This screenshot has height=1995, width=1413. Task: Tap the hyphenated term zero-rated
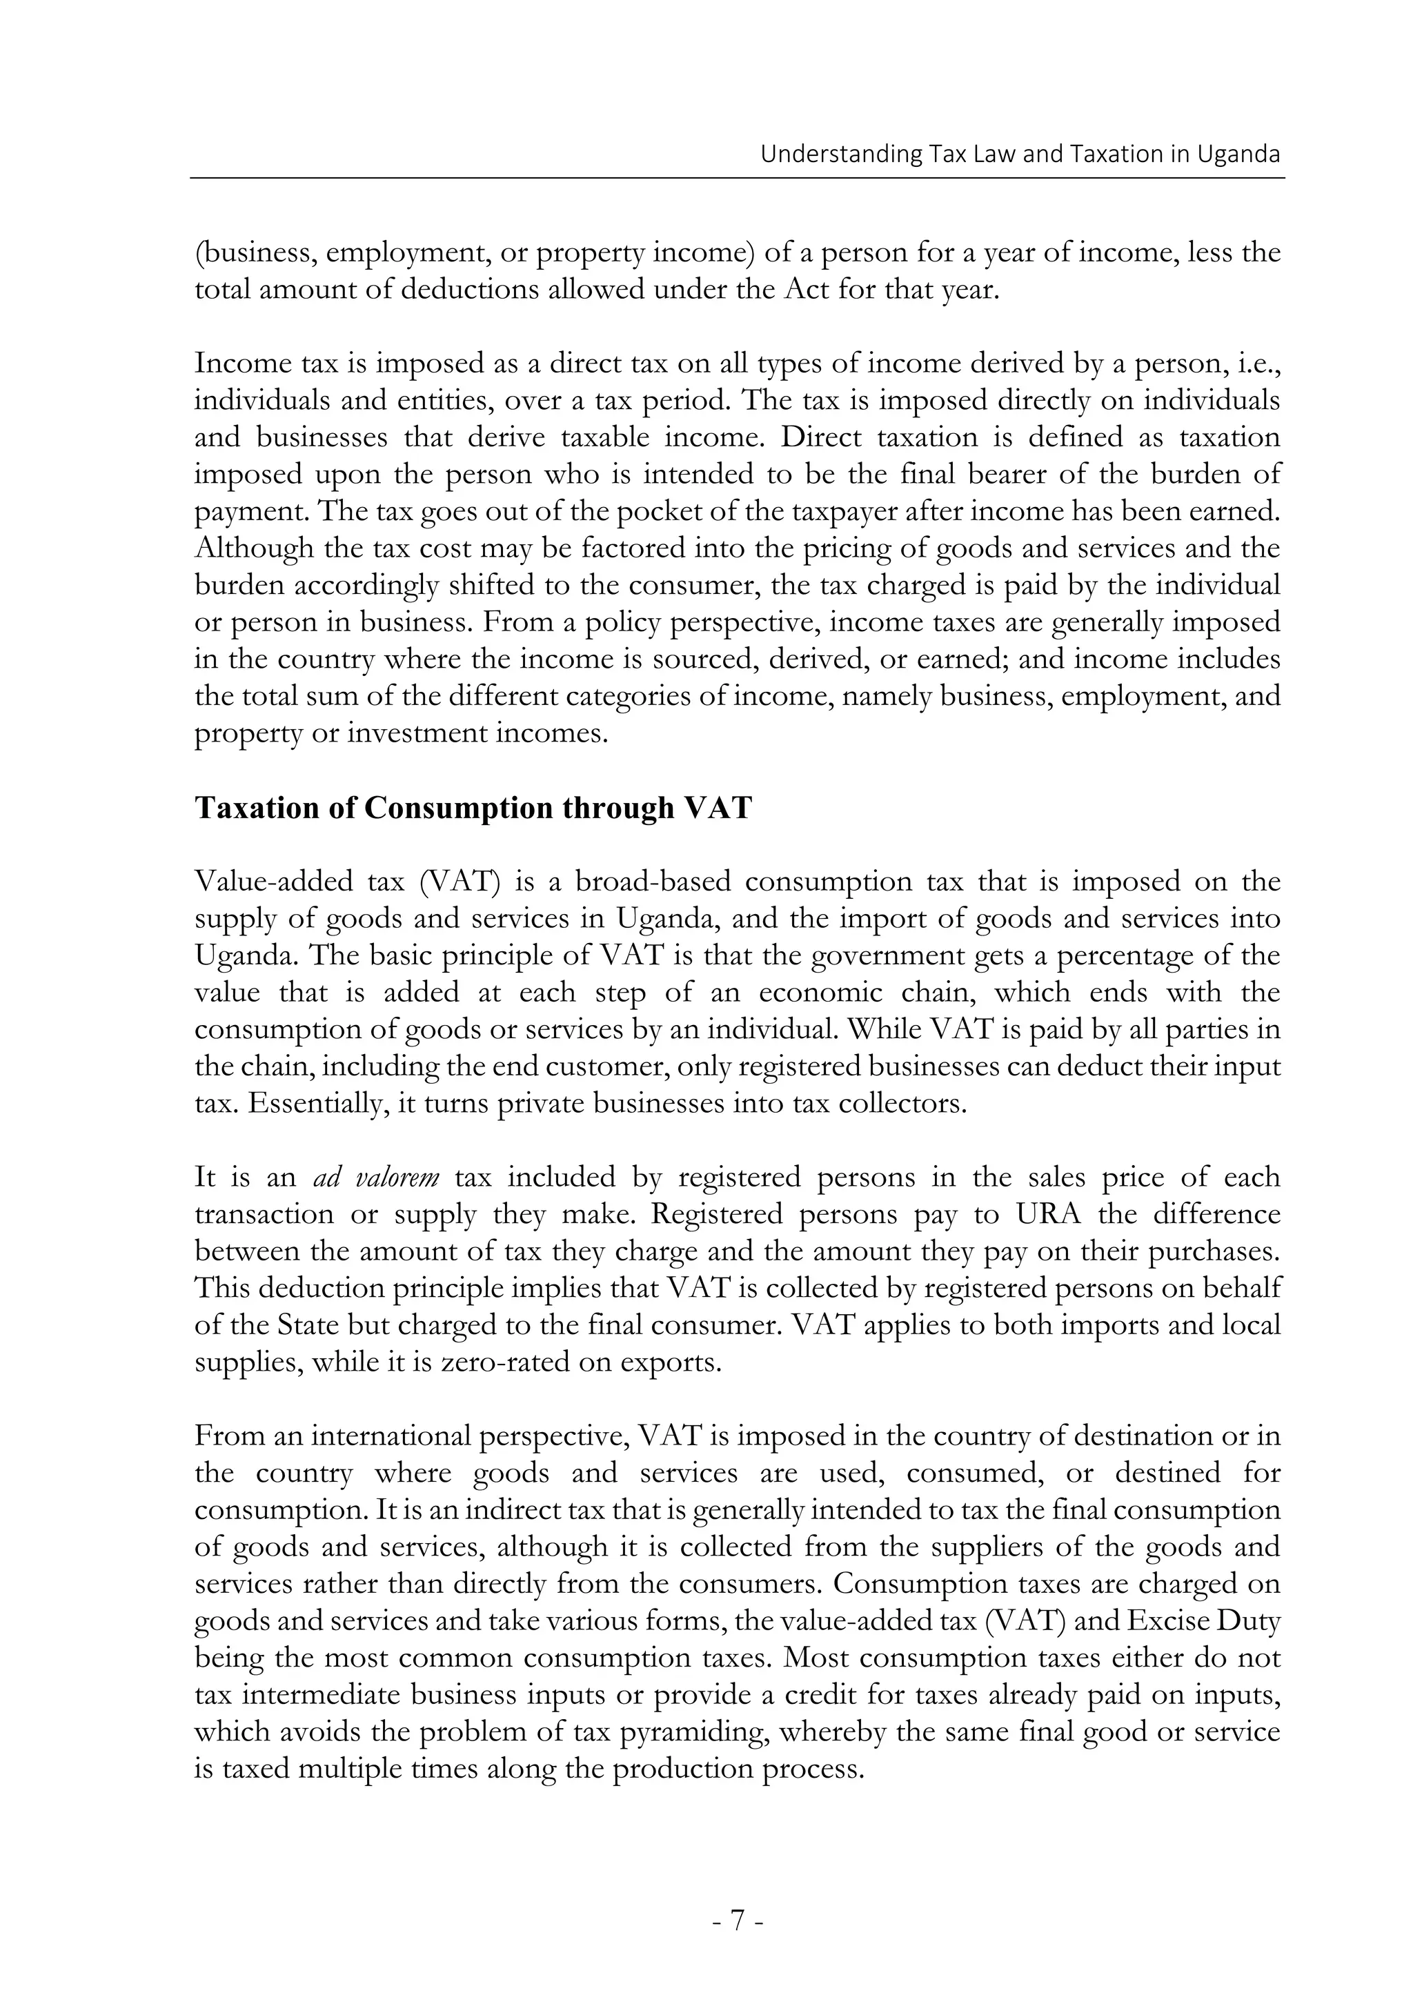(x=506, y=1362)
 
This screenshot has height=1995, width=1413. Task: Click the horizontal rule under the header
(x=737, y=179)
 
